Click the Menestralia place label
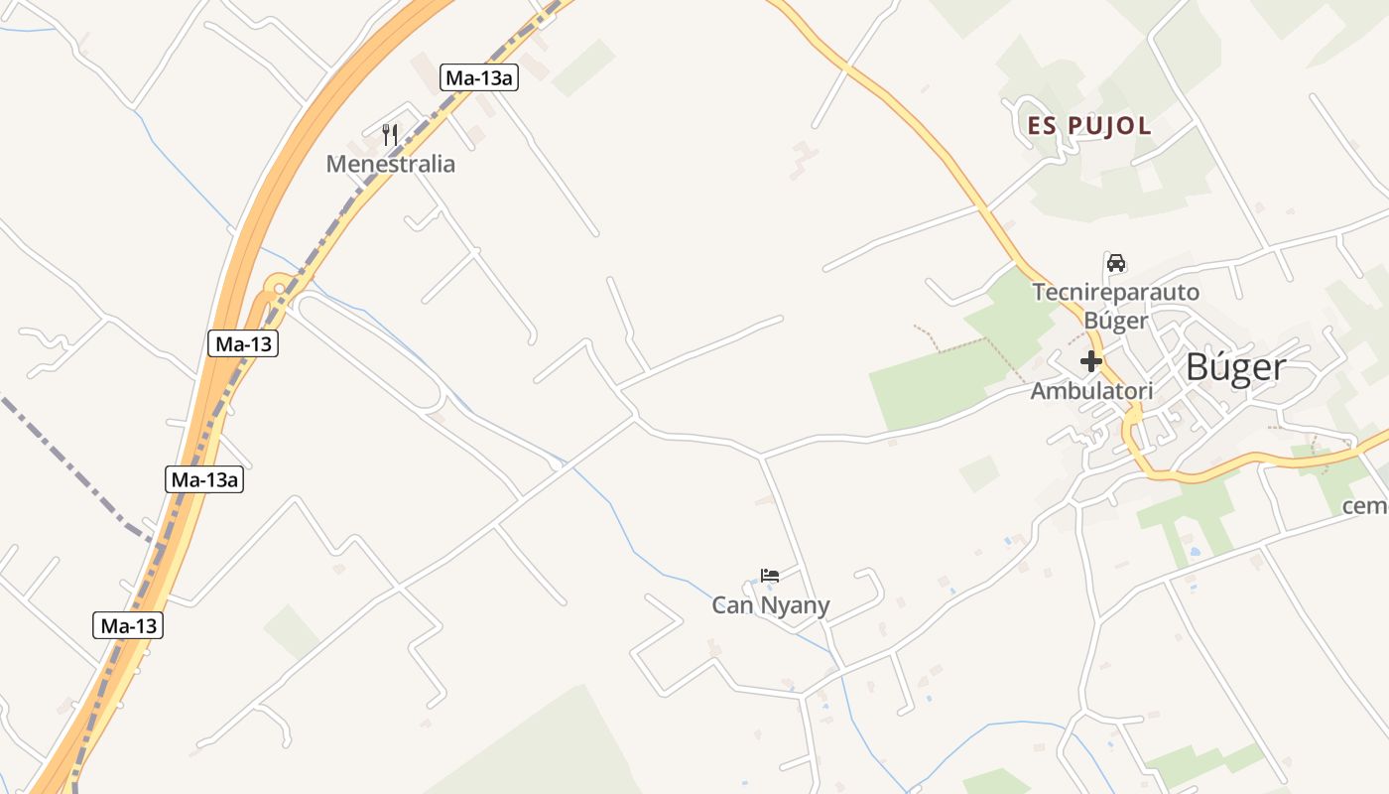point(391,164)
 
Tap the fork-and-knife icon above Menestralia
point(390,134)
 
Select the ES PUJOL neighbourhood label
point(1089,126)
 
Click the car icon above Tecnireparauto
point(1116,263)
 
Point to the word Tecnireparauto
point(1116,293)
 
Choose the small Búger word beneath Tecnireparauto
point(1116,321)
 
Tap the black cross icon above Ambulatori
point(1091,361)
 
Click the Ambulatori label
point(1091,391)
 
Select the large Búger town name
point(1236,367)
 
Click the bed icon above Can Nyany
point(770,576)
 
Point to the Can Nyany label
point(771,604)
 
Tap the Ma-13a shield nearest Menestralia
point(479,77)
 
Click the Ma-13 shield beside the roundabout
point(243,344)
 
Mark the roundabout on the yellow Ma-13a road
point(280,289)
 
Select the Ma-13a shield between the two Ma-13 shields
point(204,480)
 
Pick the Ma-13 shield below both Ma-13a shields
point(129,626)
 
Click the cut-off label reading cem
point(1365,506)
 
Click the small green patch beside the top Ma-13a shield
point(584,67)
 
